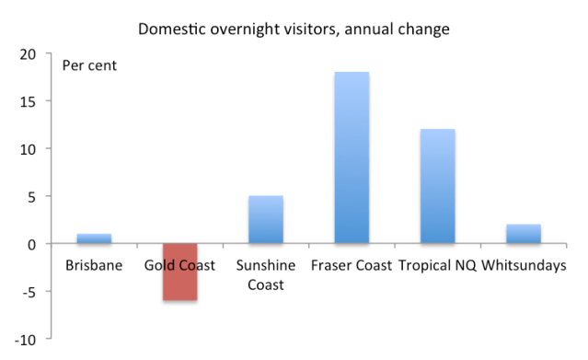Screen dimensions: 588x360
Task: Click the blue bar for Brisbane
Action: (x=94, y=238)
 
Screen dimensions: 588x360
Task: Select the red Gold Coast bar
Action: (x=180, y=272)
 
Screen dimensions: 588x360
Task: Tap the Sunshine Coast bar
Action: (x=266, y=220)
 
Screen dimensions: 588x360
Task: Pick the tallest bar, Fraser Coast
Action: (x=352, y=157)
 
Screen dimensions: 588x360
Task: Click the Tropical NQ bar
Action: (x=438, y=186)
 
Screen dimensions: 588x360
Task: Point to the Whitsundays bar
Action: (x=524, y=234)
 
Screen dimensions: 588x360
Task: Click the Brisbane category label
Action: (x=94, y=265)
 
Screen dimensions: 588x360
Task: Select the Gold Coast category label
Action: (x=179, y=265)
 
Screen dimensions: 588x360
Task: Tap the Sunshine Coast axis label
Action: (x=266, y=274)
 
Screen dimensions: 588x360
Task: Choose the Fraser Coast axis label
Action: (x=352, y=265)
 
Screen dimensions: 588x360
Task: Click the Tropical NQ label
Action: (x=437, y=265)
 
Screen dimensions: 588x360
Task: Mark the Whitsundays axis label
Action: (x=524, y=265)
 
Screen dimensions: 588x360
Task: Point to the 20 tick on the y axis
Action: (x=29, y=54)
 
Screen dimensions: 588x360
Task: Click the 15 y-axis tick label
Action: (x=29, y=101)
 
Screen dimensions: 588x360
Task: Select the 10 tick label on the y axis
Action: (x=29, y=149)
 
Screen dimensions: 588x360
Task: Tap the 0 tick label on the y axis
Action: (x=32, y=245)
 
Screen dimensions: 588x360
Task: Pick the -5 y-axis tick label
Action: (x=29, y=292)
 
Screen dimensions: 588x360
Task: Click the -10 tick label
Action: (x=25, y=340)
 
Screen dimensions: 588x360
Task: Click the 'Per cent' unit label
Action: (x=89, y=65)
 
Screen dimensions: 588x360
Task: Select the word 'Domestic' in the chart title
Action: (x=172, y=29)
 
